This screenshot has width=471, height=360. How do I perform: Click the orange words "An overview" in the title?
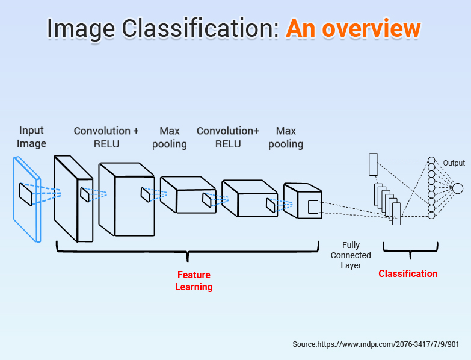click(x=352, y=28)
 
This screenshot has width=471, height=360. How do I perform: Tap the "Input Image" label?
click(x=31, y=137)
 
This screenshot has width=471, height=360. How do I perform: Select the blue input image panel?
click(x=27, y=199)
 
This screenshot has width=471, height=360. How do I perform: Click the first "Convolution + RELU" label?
click(x=106, y=137)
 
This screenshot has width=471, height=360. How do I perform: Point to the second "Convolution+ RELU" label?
click(x=228, y=137)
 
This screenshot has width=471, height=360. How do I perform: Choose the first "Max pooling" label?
click(x=169, y=137)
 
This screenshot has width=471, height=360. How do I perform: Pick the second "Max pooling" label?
click(x=286, y=137)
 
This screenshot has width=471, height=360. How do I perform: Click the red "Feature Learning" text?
click(x=194, y=281)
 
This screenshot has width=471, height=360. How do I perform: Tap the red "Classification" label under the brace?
click(x=408, y=274)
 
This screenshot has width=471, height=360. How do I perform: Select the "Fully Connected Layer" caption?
click(x=351, y=255)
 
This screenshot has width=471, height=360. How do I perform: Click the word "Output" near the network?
click(x=454, y=163)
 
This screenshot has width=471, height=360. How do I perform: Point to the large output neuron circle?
click(x=457, y=188)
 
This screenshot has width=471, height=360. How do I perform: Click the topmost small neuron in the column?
click(x=431, y=161)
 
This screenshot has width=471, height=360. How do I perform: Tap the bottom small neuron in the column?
click(x=431, y=216)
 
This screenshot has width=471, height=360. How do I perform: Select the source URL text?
click(x=376, y=344)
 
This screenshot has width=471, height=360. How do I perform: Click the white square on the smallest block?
click(x=313, y=207)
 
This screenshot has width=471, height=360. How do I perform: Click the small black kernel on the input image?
click(x=25, y=193)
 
